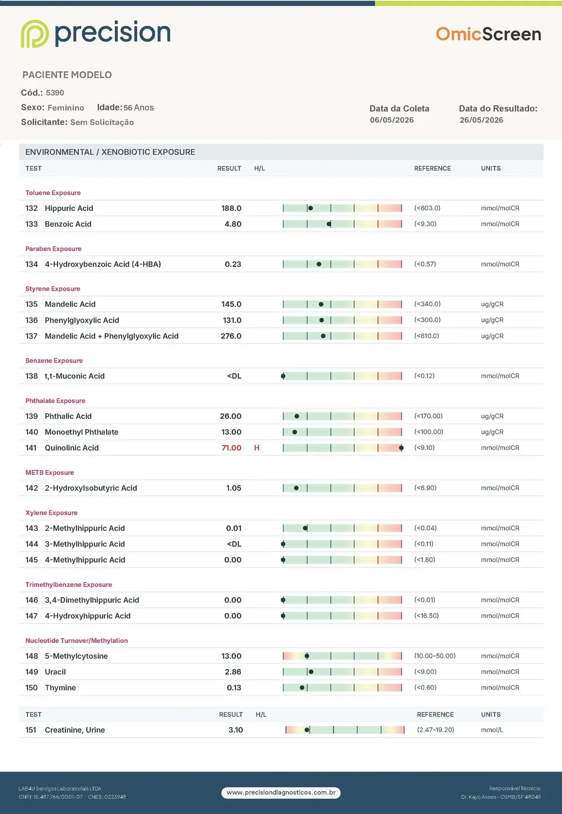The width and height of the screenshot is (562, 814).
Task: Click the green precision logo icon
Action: point(35,34)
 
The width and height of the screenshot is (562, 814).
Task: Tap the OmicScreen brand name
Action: point(488,34)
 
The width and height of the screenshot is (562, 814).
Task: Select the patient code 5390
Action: point(55,93)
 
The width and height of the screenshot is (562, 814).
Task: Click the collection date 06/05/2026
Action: point(392,120)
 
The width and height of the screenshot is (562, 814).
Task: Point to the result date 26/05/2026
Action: point(481,120)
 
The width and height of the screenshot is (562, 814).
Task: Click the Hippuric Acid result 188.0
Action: point(231,208)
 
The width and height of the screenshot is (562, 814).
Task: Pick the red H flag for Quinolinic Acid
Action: point(257,448)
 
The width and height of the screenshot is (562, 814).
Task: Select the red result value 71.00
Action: point(231,448)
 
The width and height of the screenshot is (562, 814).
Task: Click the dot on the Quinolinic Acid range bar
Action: point(401,448)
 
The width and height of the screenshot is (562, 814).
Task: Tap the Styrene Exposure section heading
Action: point(52,289)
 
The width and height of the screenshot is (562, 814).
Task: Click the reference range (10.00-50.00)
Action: point(435,656)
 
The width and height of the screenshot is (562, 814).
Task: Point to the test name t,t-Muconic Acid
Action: point(74,376)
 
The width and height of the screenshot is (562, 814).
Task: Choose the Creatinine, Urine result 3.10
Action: point(236,730)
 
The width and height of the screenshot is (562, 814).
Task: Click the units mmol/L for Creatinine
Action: point(492,730)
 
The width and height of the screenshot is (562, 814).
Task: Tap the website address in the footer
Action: point(281,792)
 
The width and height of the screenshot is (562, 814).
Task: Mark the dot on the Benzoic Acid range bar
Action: point(329,224)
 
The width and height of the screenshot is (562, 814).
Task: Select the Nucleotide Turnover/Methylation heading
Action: point(76,640)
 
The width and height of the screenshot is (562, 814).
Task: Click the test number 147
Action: point(31,616)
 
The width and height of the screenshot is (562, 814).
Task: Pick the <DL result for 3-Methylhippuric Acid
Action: point(234,544)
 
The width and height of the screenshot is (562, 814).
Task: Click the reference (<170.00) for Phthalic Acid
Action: point(428,416)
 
